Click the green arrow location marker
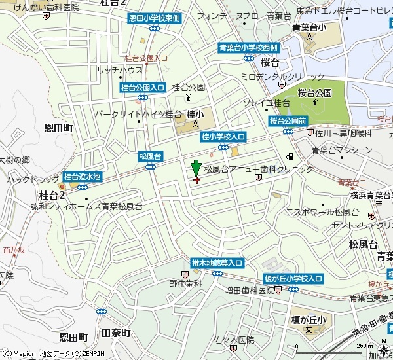(x=195, y=168)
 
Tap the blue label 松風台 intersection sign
(x=150, y=156)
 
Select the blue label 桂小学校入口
(x=223, y=136)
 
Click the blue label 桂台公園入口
(x=142, y=87)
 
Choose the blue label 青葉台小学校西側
(x=248, y=48)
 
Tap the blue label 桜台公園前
(x=288, y=121)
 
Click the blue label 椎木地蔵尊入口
(x=217, y=262)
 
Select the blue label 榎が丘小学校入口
(x=293, y=279)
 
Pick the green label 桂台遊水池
(x=83, y=177)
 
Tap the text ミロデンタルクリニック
(x=282, y=77)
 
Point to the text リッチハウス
(x=119, y=69)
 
